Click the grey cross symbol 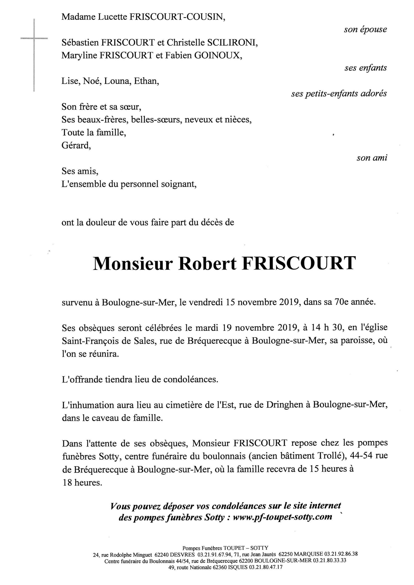point(34,38)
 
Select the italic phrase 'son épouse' point(365,29)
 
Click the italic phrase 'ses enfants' point(365,68)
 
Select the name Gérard point(76,146)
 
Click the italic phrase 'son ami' point(372,158)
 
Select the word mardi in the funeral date point(207,328)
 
